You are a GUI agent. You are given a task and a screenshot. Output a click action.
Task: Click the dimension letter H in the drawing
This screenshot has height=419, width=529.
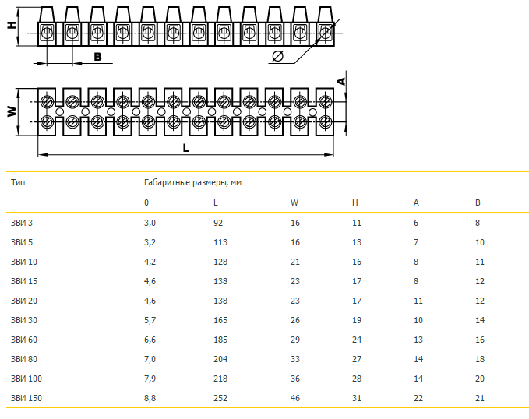coord(11,24)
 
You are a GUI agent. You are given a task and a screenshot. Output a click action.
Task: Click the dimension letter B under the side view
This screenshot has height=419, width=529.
coord(97,56)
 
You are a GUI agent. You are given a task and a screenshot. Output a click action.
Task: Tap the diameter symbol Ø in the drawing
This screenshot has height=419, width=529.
coord(277,56)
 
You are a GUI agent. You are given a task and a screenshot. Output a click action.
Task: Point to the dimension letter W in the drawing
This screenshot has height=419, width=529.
coord(12,111)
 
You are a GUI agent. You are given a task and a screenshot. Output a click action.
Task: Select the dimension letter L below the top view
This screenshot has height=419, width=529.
coord(185,147)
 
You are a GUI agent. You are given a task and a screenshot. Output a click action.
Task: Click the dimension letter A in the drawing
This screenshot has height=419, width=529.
coord(340,80)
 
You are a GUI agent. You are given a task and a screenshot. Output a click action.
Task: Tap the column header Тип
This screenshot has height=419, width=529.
coord(17,182)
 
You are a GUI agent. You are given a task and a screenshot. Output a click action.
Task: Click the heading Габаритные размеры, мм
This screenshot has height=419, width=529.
coord(192,182)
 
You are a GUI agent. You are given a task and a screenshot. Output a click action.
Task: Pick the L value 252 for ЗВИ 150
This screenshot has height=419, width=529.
coord(220,398)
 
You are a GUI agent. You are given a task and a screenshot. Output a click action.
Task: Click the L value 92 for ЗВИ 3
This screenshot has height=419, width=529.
coord(218,223)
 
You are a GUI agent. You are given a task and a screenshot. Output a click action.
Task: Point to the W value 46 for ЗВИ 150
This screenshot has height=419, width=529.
coord(294,398)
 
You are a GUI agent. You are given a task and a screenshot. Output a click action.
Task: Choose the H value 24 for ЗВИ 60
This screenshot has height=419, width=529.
coord(357,340)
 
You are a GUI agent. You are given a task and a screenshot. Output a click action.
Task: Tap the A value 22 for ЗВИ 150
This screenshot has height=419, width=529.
coord(418,398)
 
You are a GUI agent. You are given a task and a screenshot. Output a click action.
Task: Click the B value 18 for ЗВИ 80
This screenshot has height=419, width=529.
coord(479,359)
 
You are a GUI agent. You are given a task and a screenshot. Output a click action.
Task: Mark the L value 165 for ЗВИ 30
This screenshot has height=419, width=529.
coord(220,320)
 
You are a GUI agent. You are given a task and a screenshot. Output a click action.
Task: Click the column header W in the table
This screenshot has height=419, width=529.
coord(294,202)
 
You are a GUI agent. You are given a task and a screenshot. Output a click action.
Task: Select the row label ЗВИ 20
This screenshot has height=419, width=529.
coord(23,301)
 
